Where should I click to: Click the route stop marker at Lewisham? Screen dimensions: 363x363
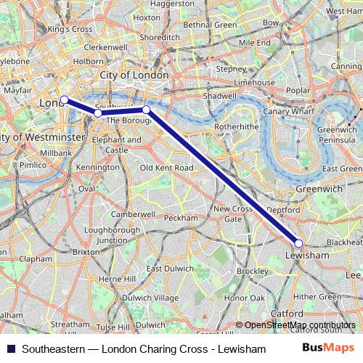pyautogui.click(x=298, y=243)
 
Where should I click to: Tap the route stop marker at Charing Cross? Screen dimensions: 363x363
pyautogui.click(x=64, y=99)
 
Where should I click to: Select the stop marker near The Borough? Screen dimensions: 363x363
pyautogui.click(x=146, y=110)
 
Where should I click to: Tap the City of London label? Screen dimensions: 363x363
pyautogui.click(x=134, y=75)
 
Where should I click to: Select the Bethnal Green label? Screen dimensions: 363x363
pyautogui.click(x=210, y=25)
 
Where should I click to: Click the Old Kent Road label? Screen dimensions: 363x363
pyautogui.click(x=166, y=168)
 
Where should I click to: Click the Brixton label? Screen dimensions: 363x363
pyautogui.click(x=86, y=251)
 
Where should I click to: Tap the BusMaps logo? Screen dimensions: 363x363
pyautogui.click(x=333, y=346)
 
